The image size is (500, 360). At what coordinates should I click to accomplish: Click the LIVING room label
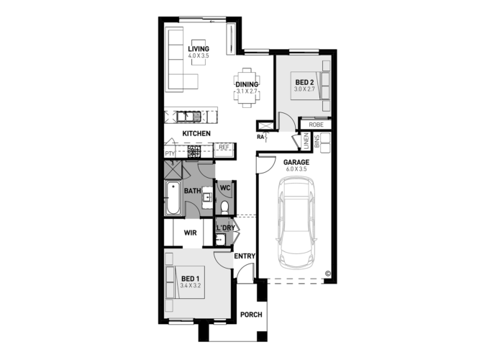coord(198,48)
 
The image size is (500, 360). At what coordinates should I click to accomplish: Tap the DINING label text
coord(247,84)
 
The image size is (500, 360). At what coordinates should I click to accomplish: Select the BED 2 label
coord(305,83)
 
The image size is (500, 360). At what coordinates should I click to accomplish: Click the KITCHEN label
coord(196,134)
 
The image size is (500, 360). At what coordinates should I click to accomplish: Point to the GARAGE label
coord(296,162)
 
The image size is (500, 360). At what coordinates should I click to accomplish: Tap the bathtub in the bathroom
coord(172,199)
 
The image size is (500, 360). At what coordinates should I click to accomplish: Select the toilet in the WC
coord(224,208)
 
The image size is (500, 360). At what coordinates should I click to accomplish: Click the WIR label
coord(191,233)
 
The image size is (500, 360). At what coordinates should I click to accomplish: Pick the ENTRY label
coord(243,256)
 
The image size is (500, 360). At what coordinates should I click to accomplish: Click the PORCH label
coord(250,315)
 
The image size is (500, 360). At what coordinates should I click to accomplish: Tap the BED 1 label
coord(190,279)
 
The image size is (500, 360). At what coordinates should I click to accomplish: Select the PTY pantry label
coord(170,153)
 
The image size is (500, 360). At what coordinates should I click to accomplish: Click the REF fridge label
coord(224,148)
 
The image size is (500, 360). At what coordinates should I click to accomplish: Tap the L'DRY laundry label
coord(225,228)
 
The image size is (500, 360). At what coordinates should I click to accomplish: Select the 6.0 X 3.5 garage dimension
coord(296,169)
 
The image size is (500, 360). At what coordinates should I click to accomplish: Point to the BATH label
coord(192,191)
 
